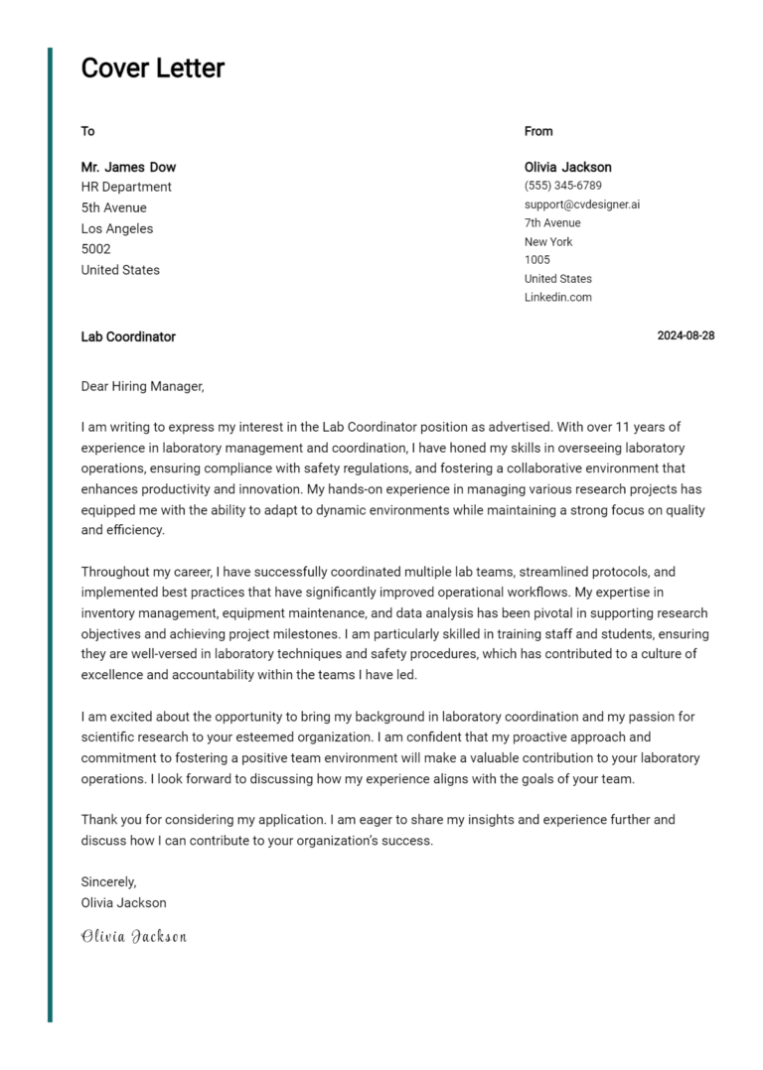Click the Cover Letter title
(x=152, y=68)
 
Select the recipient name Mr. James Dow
(x=128, y=167)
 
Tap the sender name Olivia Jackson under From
(x=567, y=167)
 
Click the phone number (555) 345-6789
(x=562, y=186)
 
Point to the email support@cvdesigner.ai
(x=581, y=204)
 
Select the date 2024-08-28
(x=686, y=335)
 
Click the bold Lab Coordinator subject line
(x=128, y=336)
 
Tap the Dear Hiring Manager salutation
(x=142, y=386)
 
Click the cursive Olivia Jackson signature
(x=133, y=936)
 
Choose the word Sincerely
(x=108, y=881)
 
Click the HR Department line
(x=126, y=187)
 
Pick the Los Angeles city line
(x=117, y=228)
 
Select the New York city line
(x=548, y=242)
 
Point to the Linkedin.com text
(x=557, y=298)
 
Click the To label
(x=87, y=131)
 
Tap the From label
(x=538, y=131)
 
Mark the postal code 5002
(x=95, y=249)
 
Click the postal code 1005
(x=536, y=260)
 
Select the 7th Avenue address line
(x=552, y=223)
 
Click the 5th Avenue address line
(x=113, y=207)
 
